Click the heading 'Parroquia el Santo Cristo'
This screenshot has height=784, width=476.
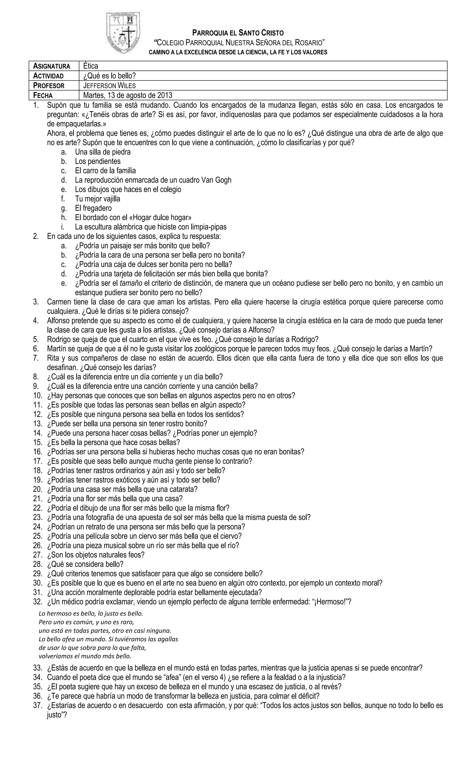(238, 33)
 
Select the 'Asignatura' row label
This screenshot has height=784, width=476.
(52, 66)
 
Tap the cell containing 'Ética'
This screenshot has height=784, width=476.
(91, 66)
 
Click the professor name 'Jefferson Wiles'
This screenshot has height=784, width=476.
(109, 86)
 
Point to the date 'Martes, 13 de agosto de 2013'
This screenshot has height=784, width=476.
(128, 95)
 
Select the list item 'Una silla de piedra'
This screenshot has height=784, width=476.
(103, 152)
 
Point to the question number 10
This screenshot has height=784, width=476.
(38, 396)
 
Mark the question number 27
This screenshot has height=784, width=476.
(38, 555)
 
